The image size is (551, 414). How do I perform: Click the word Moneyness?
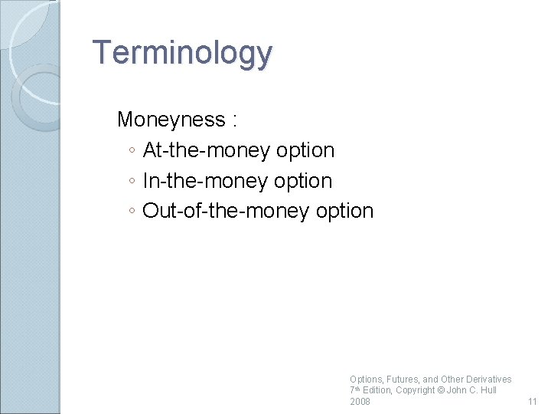click(171, 120)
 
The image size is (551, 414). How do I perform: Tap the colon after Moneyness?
click(233, 120)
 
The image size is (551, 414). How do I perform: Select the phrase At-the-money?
click(207, 150)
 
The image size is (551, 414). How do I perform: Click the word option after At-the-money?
click(305, 151)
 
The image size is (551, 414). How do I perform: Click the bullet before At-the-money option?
click(132, 151)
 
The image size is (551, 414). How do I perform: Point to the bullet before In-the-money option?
click(132, 182)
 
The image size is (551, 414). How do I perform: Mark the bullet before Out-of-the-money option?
click(132, 212)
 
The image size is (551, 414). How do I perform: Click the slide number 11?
click(533, 402)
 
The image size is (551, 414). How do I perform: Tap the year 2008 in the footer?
click(360, 402)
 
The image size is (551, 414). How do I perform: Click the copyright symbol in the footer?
click(439, 390)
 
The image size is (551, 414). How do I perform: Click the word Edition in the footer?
click(377, 390)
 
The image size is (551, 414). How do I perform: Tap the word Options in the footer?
click(364, 379)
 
